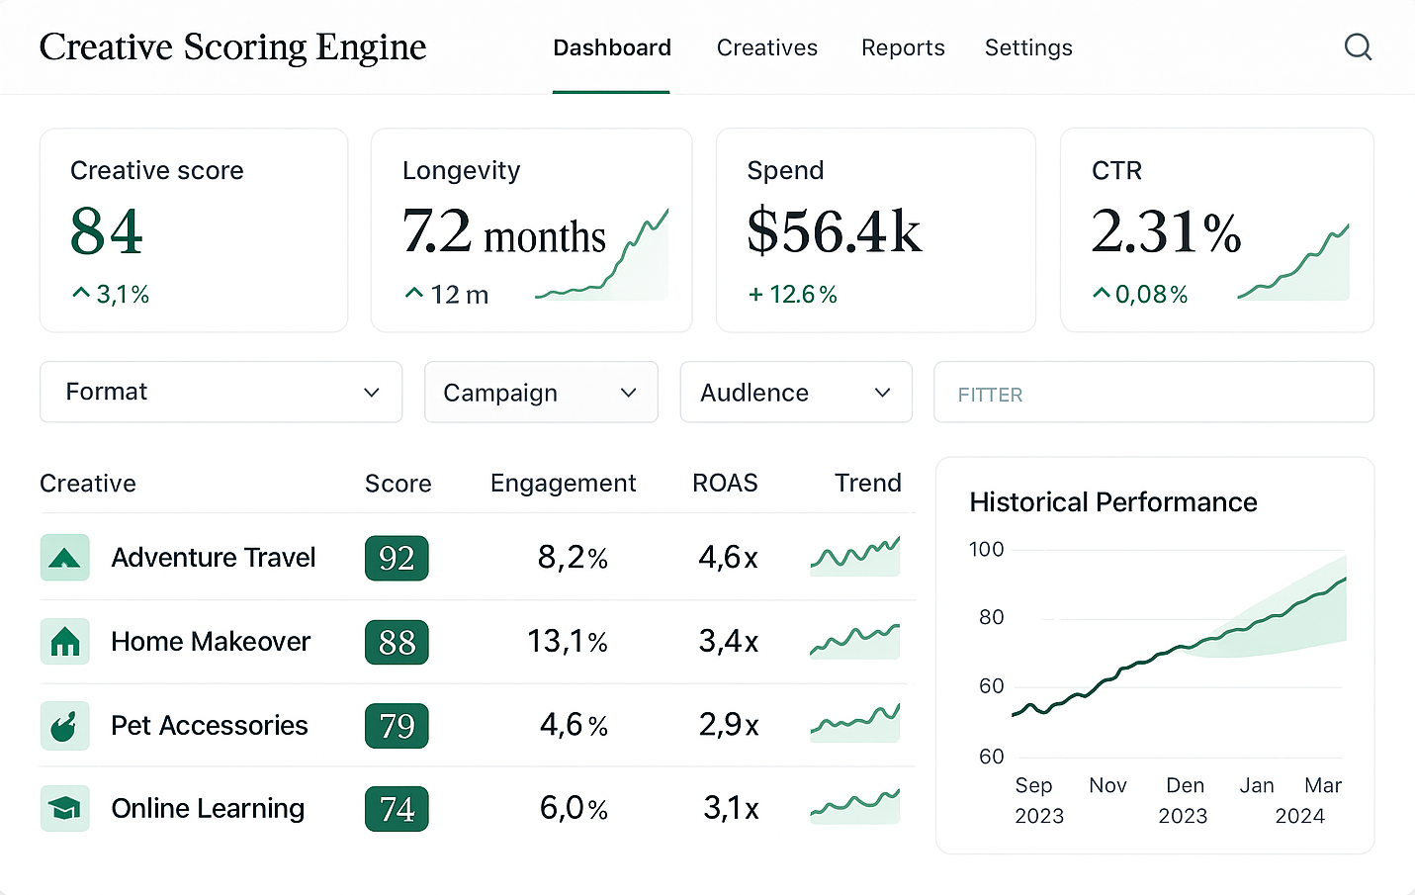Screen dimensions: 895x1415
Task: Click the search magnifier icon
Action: [1358, 46]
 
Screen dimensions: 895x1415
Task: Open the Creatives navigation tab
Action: [766, 47]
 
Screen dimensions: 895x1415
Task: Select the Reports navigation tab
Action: [902, 47]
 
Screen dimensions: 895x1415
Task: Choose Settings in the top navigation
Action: [1027, 47]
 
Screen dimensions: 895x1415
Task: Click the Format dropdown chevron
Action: [372, 393]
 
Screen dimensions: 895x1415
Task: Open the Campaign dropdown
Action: [540, 393]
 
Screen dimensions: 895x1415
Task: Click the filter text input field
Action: [1153, 393]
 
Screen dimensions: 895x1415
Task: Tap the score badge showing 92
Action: [397, 558]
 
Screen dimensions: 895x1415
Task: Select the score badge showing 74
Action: [397, 809]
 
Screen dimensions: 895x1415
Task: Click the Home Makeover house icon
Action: [65, 642]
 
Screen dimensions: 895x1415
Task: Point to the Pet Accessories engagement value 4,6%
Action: [574, 725]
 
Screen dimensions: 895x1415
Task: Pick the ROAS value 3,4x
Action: [728, 642]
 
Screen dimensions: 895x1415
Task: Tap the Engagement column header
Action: [563, 483]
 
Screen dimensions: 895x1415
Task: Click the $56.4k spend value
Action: [834, 231]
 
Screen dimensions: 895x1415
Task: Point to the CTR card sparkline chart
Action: [1294, 265]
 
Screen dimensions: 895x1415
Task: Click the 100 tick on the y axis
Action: [986, 549]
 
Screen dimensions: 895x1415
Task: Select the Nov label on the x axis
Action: [1107, 785]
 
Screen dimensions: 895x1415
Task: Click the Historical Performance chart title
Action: [1112, 502]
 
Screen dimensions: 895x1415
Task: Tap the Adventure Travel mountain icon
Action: [65, 558]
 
